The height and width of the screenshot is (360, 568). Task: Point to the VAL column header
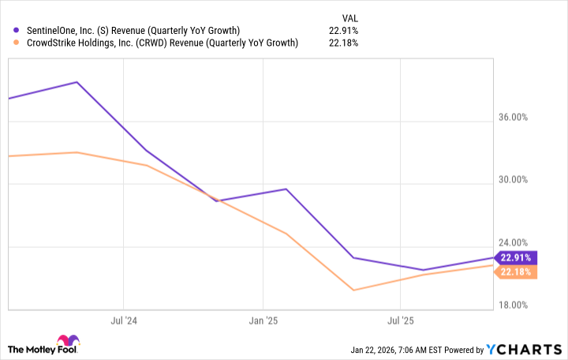(348, 15)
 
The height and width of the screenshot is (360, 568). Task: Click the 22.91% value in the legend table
(343, 31)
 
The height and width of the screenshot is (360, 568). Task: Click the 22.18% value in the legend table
(343, 43)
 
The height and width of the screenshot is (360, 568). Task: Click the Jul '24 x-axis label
(123, 321)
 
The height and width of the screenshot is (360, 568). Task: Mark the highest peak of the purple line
(77, 82)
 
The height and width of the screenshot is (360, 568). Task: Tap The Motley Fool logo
(43, 348)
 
